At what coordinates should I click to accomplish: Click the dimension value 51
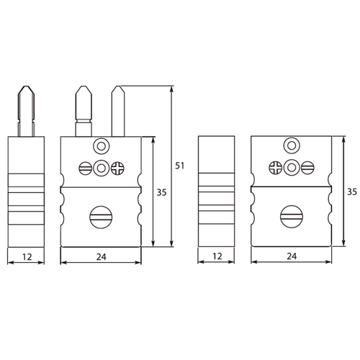point(180,166)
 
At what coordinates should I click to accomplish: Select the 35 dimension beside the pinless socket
point(352,192)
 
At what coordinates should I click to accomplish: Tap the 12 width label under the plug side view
point(26,255)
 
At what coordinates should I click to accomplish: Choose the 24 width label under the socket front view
point(292,255)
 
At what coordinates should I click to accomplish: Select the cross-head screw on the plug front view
point(118,168)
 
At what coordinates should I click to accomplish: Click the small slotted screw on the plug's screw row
point(84,168)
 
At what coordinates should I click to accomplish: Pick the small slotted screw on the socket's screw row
point(308,168)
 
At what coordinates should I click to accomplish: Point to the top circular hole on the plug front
point(101,145)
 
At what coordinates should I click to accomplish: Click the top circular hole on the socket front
point(292,145)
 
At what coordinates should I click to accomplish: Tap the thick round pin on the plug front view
point(84,108)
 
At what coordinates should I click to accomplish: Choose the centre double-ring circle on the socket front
point(292,168)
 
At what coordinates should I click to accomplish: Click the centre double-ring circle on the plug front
point(101,168)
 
